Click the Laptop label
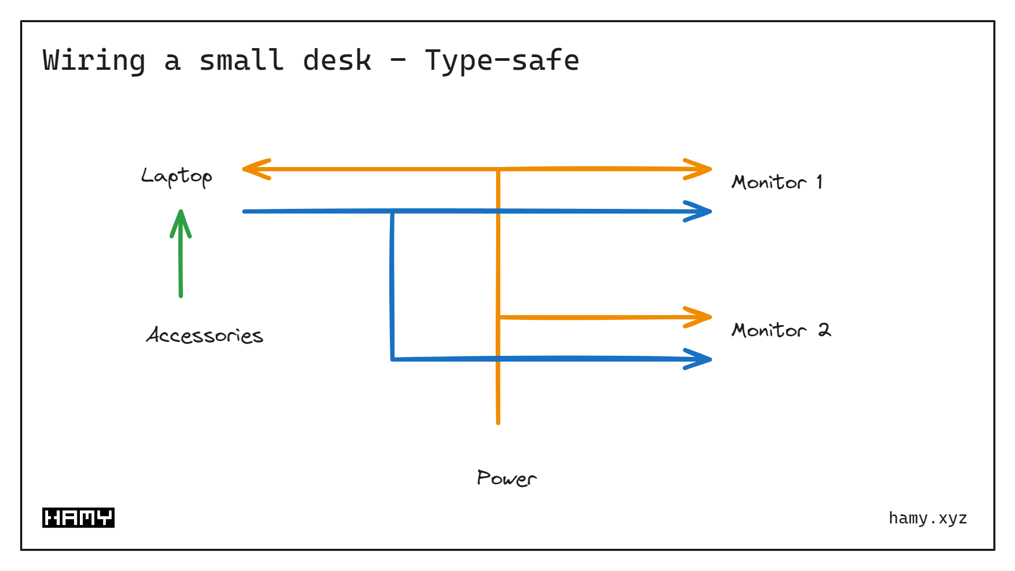177,177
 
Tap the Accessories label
205,335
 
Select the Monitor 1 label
776,182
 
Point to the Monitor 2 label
781,330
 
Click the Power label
506,478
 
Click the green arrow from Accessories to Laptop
181,259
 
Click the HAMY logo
78,518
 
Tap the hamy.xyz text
928,518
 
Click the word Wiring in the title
94,61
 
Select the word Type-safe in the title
502,61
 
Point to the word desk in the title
337,61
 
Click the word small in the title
241,61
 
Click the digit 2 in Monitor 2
824,330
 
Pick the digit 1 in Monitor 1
819,182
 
